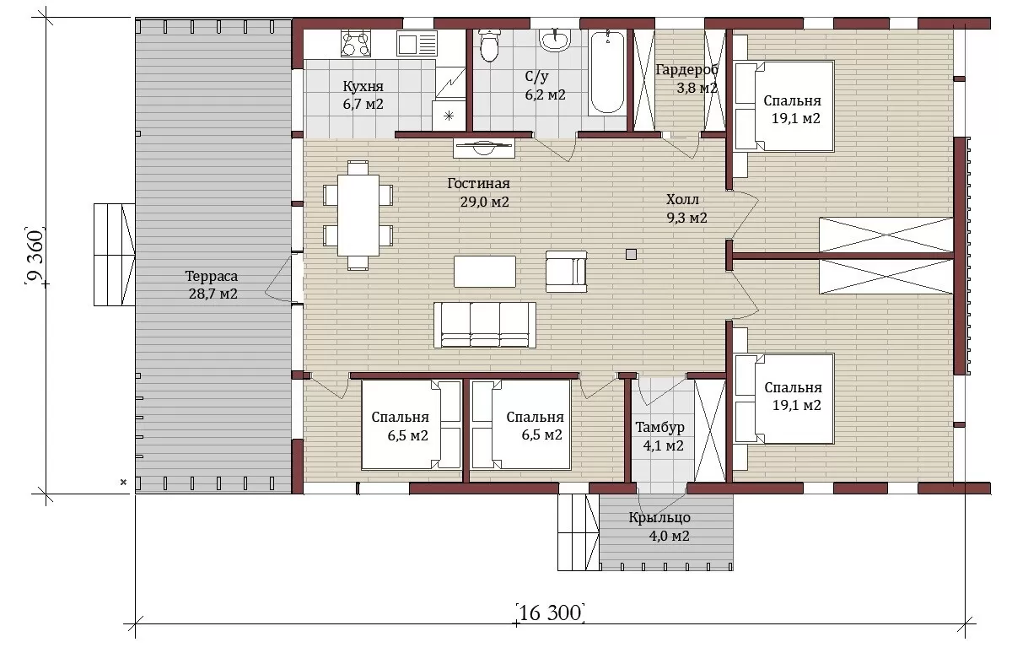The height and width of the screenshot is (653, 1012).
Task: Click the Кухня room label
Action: pos(363,86)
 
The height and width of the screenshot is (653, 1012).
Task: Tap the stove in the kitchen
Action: pos(356,43)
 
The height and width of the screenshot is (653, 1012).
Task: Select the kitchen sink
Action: pos(417,43)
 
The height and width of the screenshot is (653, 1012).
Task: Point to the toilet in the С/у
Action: pos(488,45)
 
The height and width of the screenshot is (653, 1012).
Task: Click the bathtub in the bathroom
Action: pos(608,73)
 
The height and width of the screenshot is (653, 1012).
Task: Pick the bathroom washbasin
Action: pos(554,40)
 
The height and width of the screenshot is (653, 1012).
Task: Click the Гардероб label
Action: pos(686,69)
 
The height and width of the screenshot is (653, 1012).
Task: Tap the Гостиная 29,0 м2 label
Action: pos(479,192)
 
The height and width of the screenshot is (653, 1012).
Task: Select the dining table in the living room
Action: pos(358,216)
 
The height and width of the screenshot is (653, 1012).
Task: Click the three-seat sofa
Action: pos(485,326)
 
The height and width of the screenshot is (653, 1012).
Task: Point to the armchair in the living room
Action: pos(566,272)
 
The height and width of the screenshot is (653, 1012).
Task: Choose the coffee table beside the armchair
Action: pos(485,271)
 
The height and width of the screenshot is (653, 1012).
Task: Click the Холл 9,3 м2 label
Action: pos(686,208)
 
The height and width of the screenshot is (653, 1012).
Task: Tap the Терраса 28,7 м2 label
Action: pos(213,284)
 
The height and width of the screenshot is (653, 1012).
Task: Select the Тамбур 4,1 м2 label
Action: pos(661,436)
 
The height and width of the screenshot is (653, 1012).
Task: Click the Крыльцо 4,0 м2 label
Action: pos(660,526)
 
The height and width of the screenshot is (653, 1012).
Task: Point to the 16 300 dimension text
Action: pos(550,613)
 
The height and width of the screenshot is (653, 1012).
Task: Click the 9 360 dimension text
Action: pos(35,256)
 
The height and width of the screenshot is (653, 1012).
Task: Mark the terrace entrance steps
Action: pos(115,255)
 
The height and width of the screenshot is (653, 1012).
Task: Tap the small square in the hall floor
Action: pos(631,255)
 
